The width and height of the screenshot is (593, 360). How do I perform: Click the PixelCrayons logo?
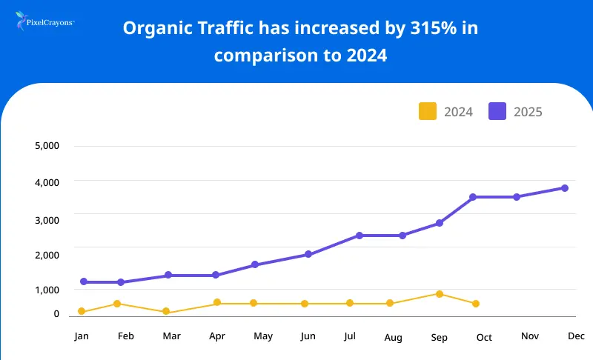point(44,22)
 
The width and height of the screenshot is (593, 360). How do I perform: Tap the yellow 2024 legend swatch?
point(428,112)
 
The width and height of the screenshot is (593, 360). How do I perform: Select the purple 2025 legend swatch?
point(497,112)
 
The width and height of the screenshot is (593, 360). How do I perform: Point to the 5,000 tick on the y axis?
point(47,146)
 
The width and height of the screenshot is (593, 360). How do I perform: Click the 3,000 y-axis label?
point(47,219)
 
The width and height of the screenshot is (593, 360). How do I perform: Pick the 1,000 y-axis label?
point(47,290)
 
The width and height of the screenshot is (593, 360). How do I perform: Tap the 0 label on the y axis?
point(56,314)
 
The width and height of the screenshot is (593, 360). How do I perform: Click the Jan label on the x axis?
point(82,336)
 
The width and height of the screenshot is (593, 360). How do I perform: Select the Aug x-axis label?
point(394,338)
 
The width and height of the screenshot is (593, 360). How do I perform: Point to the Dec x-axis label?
point(576,336)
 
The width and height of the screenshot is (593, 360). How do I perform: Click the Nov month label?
point(529,336)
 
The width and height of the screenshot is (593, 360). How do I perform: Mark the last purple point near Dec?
point(565,188)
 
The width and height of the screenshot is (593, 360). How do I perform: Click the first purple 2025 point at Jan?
point(83,282)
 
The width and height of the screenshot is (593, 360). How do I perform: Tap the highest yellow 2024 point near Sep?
point(440,294)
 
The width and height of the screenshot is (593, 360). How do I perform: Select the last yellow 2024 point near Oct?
point(476,304)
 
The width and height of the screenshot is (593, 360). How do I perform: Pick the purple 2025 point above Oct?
point(472,197)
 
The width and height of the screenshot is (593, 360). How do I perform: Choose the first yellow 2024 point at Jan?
point(82,312)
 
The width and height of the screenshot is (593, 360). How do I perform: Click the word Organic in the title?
point(154,29)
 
